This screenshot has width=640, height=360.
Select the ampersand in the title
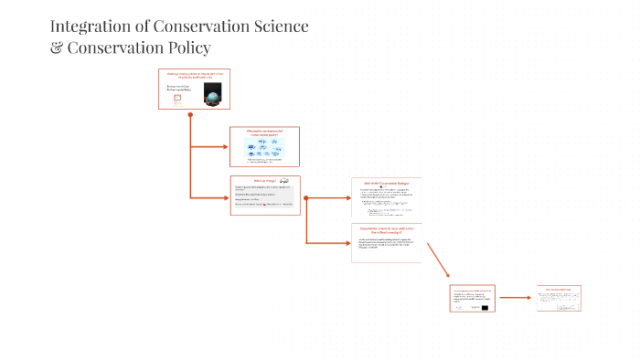[57, 48]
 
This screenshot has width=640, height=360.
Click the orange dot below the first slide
[189, 115]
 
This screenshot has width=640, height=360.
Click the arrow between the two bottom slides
[517, 297]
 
